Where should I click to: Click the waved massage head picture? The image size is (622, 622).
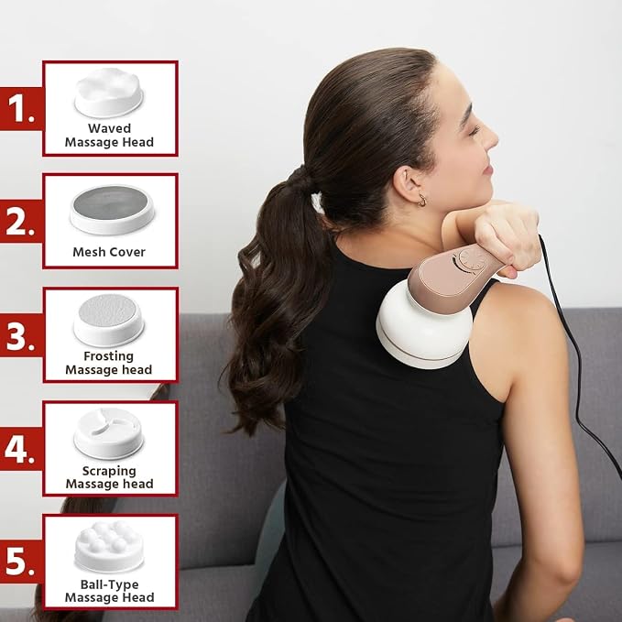(109, 93)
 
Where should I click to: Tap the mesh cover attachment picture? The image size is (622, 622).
(113, 209)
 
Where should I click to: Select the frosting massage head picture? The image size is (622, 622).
(109, 320)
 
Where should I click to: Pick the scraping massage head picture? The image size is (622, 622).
(109, 433)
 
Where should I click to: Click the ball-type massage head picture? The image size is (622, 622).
(109, 547)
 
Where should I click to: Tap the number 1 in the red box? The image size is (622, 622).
(20, 109)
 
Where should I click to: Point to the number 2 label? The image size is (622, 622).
(20, 222)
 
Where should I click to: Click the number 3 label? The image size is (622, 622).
(20, 336)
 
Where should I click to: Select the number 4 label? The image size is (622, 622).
(19, 450)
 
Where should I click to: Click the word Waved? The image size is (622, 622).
(110, 128)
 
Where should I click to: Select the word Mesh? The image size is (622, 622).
(88, 252)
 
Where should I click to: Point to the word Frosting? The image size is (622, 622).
(108, 356)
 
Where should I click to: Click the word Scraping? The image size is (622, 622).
(109, 471)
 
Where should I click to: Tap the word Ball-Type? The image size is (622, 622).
(110, 584)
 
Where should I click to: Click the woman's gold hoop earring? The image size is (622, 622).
(422, 201)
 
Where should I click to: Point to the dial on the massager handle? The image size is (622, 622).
(470, 260)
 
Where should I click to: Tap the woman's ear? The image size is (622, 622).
(409, 184)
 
